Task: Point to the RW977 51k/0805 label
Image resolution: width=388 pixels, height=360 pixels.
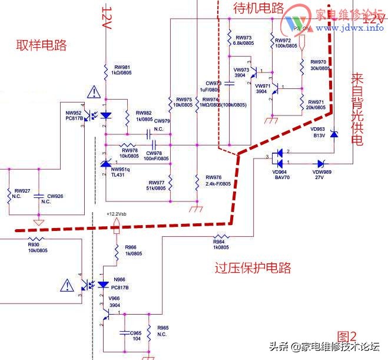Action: (156, 185)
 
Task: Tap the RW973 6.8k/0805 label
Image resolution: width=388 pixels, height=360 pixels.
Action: (243, 41)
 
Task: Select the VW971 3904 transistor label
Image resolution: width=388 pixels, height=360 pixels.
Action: (261, 88)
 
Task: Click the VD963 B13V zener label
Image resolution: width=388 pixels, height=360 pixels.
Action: (318, 132)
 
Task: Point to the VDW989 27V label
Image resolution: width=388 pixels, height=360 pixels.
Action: (321, 174)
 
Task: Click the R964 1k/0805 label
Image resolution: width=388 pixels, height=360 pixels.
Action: (220, 243)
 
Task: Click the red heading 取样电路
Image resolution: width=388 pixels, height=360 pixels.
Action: (41, 45)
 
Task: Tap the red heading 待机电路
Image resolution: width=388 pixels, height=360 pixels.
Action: (259, 8)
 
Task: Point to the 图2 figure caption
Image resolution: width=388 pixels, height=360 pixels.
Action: (347, 336)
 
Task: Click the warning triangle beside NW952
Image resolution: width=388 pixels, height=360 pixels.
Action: (93, 92)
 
